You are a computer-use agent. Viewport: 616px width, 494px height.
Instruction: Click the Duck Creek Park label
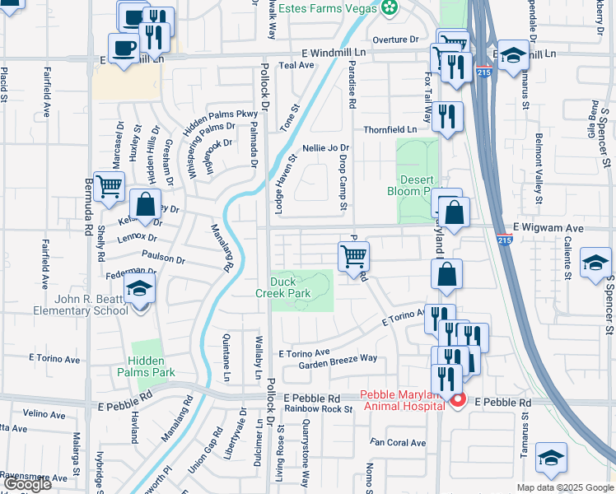(282, 287)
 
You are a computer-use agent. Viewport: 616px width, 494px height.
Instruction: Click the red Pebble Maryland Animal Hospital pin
(457, 400)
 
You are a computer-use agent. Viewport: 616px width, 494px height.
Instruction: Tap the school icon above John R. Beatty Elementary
(140, 290)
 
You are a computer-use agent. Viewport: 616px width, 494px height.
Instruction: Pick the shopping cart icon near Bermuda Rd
(109, 187)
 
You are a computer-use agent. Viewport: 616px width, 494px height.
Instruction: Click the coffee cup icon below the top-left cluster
(124, 48)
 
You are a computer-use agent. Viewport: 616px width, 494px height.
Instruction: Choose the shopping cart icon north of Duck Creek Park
(353, 256)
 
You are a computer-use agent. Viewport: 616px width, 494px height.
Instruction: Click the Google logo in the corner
(27, 484)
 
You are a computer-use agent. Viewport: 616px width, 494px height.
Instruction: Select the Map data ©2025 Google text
(564, 487)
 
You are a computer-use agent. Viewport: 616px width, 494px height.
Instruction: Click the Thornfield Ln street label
(391, 130)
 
